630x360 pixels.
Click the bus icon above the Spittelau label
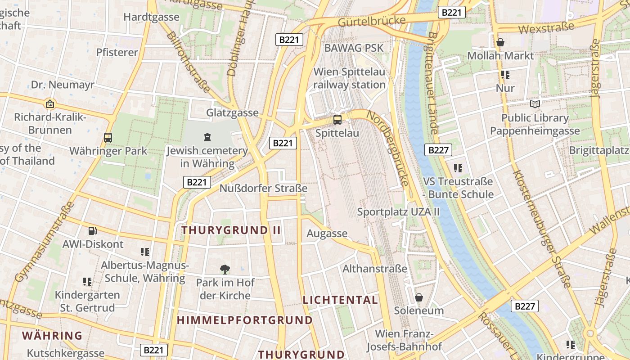pyautogui.click(x=337, y=119)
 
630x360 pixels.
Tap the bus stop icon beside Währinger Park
pyautogui.click(x=108, y=138)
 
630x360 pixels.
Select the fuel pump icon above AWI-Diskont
pyautogui.click(x=93, y=231)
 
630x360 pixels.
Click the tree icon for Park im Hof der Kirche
pyautogui.click(x=225, y=270)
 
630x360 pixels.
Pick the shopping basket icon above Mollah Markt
pyautogui.click(x=500, y=42)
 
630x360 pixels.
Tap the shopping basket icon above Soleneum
pyautogui.click(x=419, y=297)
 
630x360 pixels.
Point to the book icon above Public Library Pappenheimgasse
pyautogui.click(x=535, y=104)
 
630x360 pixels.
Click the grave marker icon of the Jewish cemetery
pyautogui.click(x=207, y=137)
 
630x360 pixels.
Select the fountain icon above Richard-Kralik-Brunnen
pyautogui.click(x=50, y=104)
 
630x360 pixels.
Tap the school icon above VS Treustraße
pyautogui.click(x=458, y=168)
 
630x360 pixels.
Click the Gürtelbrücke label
pyautogui.click(x=371, y=21)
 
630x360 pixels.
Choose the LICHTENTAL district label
pyautogui.click(x=340, y=300)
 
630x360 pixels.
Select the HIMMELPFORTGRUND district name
pyautogui.click(x=244, y=320)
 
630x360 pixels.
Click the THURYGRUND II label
pyautogui.click(x=231, y=230)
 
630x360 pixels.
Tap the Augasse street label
pyautogui.click(x=327, y=233)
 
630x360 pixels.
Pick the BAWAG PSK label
pyautogui.click(x=354, y=48)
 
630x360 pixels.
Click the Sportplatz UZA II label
pyautogui.click(x=398, y=212)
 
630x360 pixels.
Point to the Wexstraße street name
pyautogui.click(x=546, y=27)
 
